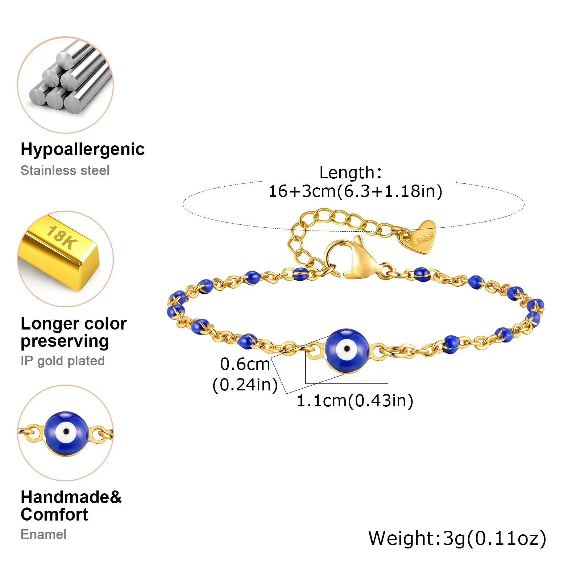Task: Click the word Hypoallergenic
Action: [82, 149]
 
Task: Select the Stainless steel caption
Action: [65, 170]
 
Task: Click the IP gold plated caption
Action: [62, 361]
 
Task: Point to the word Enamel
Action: [43, 534]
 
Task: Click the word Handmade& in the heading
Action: [71, 497]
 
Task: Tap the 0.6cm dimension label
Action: [245, 364]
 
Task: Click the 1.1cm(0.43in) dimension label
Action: [355, 401]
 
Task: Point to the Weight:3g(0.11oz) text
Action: [457, 538]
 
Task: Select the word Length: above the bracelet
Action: [351, 173]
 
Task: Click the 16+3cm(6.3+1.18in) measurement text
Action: [355, 191]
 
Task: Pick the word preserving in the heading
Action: [65, 341]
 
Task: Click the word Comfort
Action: [54, 515]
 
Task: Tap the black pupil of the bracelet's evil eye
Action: [347, 349]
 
